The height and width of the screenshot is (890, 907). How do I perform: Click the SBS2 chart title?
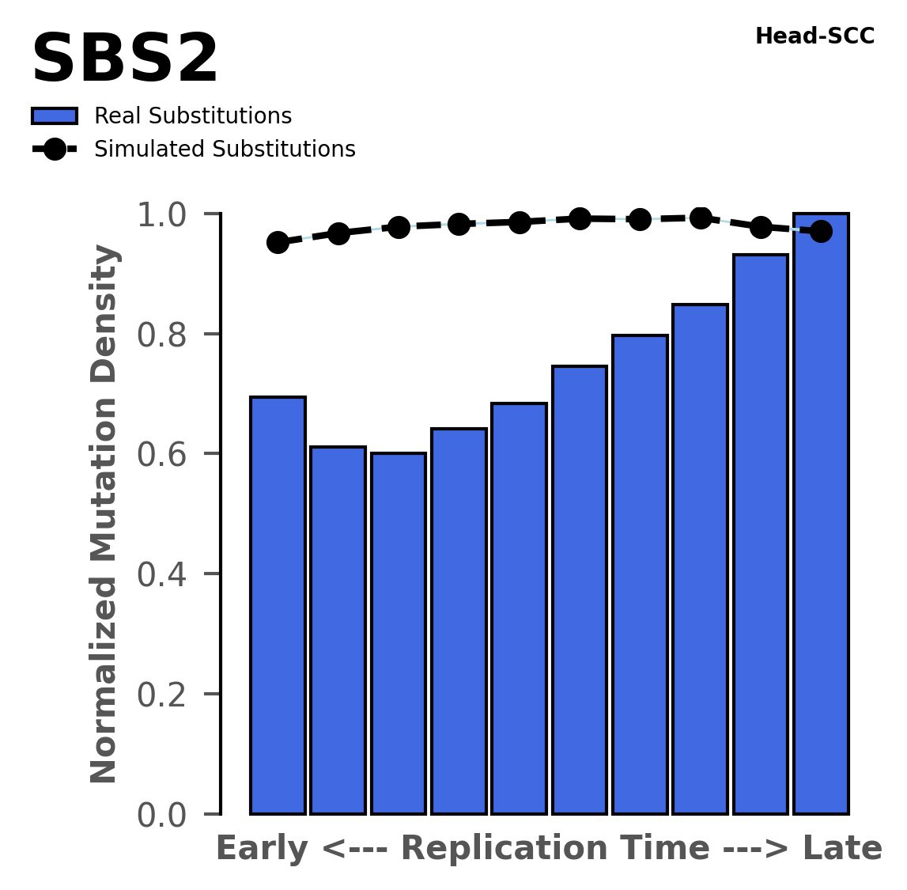[x=124, y=60]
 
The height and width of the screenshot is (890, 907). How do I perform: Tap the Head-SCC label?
[x=814, y=36]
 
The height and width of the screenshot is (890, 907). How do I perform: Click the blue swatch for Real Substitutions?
[x=54, y=116]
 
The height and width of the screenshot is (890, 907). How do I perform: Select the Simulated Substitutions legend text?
[x=225, y=150]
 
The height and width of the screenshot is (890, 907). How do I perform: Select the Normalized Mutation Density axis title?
[x=104, y=514]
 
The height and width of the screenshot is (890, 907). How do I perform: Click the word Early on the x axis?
[x=263, y=850]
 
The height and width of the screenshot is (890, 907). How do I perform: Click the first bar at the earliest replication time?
[x=278, y=605]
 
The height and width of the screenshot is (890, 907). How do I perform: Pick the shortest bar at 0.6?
[x=399, y=633]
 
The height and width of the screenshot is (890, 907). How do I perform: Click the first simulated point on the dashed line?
[x=278, y=242]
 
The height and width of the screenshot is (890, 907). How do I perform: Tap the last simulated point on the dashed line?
[x=821, y=232]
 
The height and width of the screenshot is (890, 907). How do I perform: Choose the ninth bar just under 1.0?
[x=761, y=534]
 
